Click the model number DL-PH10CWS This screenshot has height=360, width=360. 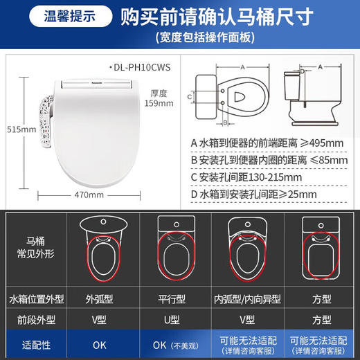[x=143, y=66]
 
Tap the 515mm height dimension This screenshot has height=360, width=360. [x=12, y=130]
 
